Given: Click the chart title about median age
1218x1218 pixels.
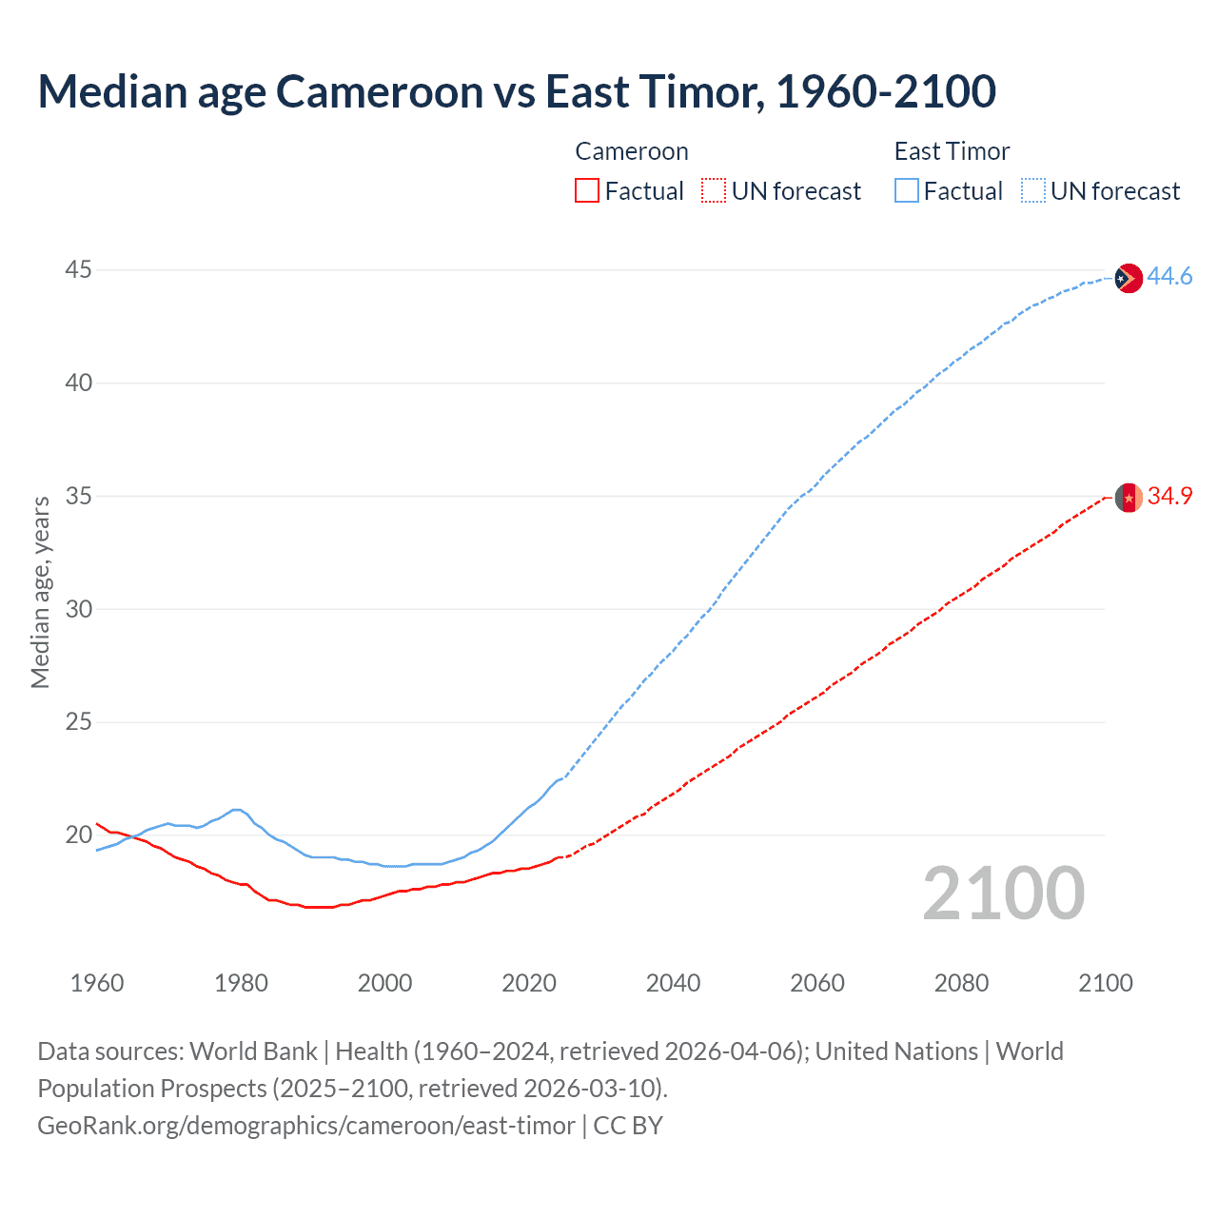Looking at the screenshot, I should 517,91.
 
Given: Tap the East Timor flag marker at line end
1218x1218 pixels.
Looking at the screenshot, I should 1128,278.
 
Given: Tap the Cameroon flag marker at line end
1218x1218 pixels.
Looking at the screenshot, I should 1128,498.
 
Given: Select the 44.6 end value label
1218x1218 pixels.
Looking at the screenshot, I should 1169,277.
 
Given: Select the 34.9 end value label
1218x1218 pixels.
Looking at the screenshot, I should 1169,497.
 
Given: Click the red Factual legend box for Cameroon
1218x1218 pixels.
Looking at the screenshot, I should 587,191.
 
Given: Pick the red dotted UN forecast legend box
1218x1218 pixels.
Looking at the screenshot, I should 714,191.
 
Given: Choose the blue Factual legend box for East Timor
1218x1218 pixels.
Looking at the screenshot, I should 906,191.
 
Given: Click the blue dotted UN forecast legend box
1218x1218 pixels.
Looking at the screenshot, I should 1032,191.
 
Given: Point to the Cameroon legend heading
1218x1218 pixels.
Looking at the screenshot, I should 631,152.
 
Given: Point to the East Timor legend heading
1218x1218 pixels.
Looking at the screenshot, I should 952,152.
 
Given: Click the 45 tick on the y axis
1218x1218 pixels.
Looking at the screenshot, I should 78,270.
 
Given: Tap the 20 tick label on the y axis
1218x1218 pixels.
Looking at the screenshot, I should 78,835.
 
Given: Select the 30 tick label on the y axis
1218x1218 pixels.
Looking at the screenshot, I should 78,609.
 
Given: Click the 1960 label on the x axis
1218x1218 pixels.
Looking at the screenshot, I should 97,983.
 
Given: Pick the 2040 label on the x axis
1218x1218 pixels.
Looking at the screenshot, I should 673,983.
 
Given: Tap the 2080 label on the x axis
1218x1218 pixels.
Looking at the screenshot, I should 961,983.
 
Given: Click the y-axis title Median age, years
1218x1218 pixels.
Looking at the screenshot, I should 40,592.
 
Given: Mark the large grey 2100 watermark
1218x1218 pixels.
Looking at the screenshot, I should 1003,894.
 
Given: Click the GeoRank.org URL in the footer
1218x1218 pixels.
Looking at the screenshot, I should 306,1126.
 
